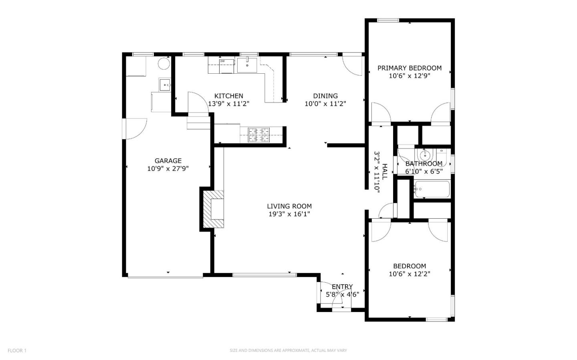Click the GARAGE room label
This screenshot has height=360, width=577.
(x=168, y=161)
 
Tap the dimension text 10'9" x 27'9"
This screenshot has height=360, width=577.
(x=168, y=169)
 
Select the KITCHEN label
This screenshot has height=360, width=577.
(x=228, y=96)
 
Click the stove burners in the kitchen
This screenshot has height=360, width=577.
(x=259, y=135)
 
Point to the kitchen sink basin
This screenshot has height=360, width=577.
(x=247, y=65)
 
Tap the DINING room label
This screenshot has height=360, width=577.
(x=325, y=96)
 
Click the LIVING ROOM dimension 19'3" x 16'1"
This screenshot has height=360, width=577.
(x=289, y=214)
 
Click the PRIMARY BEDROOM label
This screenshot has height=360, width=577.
(x=409, y=68)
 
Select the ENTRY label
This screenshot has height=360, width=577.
(x=342, y=286)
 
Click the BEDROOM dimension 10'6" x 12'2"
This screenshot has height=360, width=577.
(x=409, y=274)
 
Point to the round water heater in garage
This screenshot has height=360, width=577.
(x=163, y=64)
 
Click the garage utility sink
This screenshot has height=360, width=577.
(x=165, y=85)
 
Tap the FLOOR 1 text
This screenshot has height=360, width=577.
(x=17, y=350)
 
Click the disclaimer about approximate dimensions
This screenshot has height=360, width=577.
(x=288, y=350)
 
